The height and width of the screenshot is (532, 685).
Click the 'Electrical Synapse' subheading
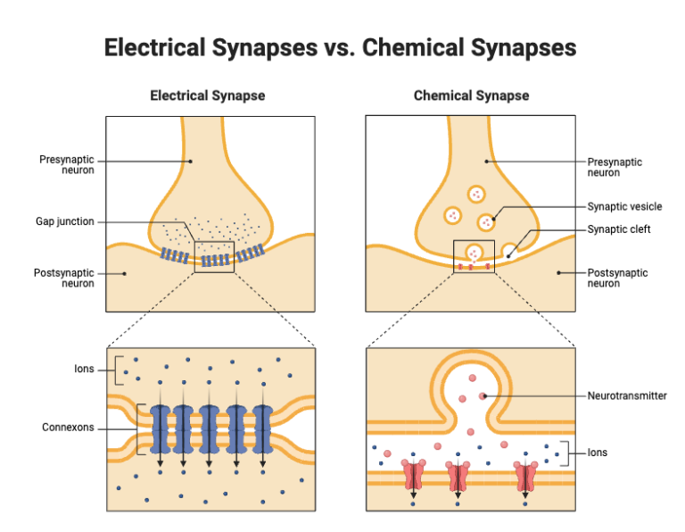(207, 96)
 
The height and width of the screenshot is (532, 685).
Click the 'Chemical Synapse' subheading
(471, 96)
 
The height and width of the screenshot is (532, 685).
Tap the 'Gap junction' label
(64, 221)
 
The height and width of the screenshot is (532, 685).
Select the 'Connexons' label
(68, 428)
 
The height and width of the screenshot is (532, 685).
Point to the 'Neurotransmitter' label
(627, 395)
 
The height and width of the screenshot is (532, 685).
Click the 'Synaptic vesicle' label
(624, 207)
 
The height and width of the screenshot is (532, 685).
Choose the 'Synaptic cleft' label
(619, 229)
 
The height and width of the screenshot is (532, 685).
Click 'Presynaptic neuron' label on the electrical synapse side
(66, 165)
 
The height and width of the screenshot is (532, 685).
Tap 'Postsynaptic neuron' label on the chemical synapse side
(617, 278)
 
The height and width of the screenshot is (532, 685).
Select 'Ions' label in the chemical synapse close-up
(597, 453)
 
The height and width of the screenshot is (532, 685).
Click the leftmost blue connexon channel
(160, 428)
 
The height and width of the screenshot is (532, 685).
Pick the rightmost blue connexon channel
(262, 428)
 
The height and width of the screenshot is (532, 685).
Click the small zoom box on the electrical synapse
(213, 256)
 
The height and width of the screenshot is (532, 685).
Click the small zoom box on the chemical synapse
(474, 256)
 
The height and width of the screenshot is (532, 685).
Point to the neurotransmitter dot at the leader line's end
(483, 395)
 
